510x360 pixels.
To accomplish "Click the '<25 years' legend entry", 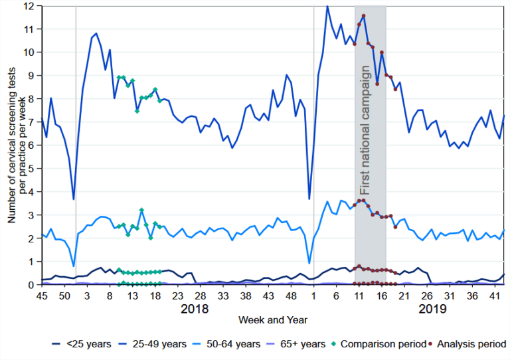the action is click(x=82, y=344).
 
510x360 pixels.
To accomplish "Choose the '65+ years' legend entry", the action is click(x=296, y=344).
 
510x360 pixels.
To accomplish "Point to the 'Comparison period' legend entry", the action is click(x=380, y=344).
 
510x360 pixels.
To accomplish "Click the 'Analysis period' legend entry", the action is click(x=468, y=344).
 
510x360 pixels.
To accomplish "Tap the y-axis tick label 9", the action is click(x=32, y=76).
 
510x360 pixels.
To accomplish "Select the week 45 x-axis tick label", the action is click(x=42, y=296).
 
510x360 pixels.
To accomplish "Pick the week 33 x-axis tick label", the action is click(x=223, y=296).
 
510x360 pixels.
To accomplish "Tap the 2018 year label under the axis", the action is click(x=195, y=308).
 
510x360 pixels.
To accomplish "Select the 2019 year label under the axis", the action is click(x=432, y=308).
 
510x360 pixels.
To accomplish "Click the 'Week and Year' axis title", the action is click(x=273, y=320).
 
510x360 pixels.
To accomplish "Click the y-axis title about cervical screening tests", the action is click(x=17, y=145).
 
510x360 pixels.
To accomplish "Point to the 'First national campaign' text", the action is click(x=365, y=130).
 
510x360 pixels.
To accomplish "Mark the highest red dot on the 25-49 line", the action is click(x=364, y=16).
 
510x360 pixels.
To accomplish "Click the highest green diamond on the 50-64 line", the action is click(x=141, y=210).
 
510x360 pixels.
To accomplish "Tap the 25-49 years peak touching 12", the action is click(x=327, y=6).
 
